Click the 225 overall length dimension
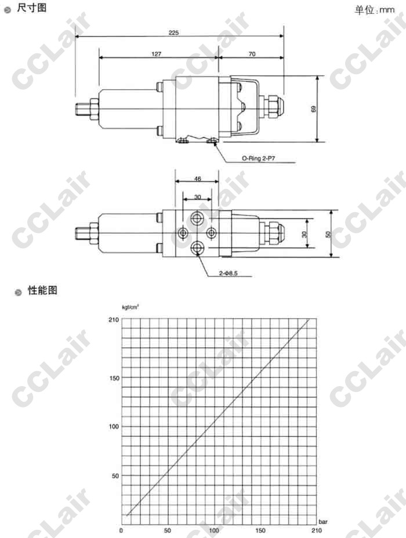pyautogui.click(x=173, y=32)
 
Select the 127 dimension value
pyautogui.click(x=156, y=54)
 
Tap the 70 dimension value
pyautogui.click(x=252, y=54)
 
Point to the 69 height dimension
pyautogui.click(x=313, y=109)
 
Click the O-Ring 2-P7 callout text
pyautogui.click(x=259, y=158)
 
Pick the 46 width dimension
pyautogui.click(x=198, y=179)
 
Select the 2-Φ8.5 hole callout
pyautogui.click(x=228, y=273)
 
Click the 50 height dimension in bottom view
pyautogui.click(x=328, y=234)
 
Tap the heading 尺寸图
pyautogui.click(x=31, y=8)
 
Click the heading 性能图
pyautogui.click(x=42, y=290)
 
